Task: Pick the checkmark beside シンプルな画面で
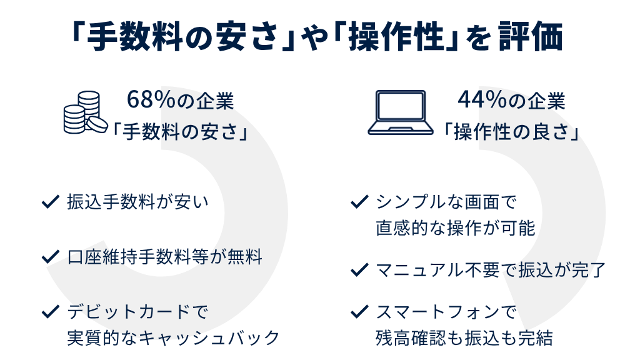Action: [x=358, y=202]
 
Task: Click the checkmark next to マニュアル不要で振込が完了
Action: [x=358, y=270]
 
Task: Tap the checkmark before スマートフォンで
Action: [x=358, y=311]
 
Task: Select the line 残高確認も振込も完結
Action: [x=464, y=338]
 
